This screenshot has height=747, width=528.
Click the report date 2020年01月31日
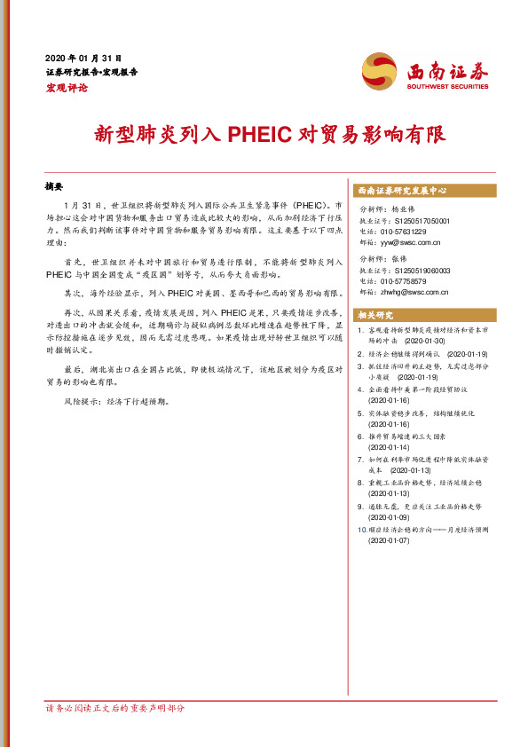[83, 56]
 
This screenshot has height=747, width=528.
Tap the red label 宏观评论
[65, 88]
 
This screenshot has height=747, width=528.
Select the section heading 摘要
[54, 188]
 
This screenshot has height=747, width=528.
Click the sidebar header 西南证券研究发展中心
[402, 191]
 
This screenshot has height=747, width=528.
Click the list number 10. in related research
[361, 529]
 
